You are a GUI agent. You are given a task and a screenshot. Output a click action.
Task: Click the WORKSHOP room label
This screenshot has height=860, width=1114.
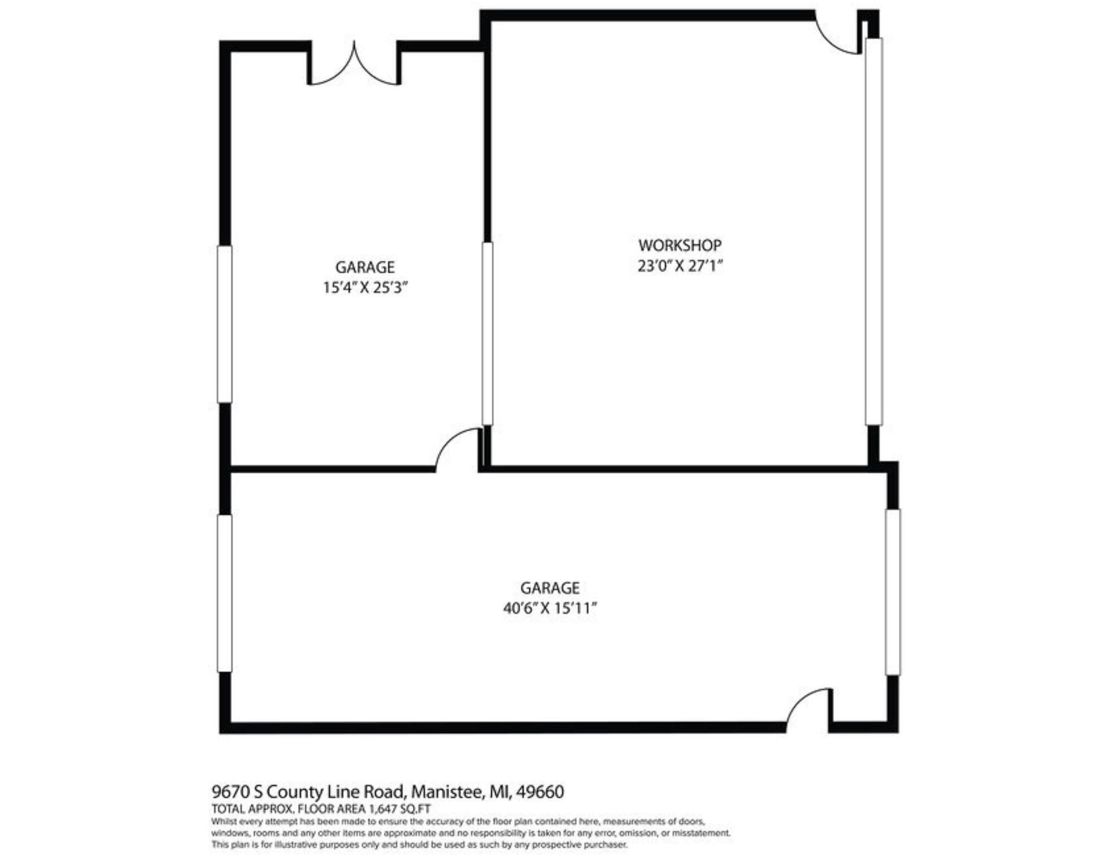pos(680,245)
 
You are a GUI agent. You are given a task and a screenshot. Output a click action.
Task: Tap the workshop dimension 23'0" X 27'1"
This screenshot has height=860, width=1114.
pos(680,266)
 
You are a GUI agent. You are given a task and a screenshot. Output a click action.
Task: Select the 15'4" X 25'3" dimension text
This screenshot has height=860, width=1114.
pos(365,288)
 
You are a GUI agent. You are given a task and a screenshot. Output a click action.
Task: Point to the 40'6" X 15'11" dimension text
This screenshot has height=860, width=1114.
pos(550,608)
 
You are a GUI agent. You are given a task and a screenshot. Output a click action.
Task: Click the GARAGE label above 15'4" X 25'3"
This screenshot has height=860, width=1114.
pos(365,267)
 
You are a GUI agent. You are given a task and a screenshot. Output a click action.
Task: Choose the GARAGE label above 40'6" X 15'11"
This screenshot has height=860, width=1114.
pos(550,588)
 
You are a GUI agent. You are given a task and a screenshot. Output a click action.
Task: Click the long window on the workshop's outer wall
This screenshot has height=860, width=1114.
pos(873,231)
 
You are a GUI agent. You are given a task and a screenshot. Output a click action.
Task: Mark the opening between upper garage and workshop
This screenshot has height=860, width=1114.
pos(487,333)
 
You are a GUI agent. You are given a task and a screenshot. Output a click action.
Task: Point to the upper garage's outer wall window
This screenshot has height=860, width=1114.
pos(224,324)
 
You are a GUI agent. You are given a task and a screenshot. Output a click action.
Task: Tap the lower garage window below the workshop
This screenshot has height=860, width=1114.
pos(892,592)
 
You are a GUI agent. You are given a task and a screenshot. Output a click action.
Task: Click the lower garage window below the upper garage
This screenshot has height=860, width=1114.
pos(224,593)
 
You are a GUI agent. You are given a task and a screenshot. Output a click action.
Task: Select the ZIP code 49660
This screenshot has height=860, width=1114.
pos(540,792)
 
